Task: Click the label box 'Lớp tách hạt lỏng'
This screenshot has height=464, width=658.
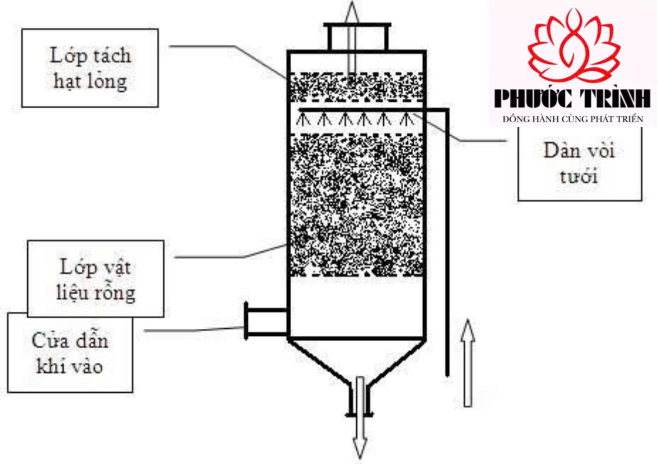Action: click(x=90, y=68)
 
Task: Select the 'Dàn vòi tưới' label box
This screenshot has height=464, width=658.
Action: click(x=579, y=164)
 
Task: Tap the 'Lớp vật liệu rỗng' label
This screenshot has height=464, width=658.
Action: click(x=95, y=279)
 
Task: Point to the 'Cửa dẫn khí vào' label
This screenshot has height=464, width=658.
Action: click(x=70, y=353)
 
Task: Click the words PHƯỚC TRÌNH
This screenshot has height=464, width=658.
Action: click(x=573, y=98)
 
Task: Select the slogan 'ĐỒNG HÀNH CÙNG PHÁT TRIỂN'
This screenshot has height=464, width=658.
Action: click(x=573, y=119)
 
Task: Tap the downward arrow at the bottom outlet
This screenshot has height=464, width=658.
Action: click(x=359, y=439)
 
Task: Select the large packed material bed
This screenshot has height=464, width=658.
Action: click(x=357, y=205)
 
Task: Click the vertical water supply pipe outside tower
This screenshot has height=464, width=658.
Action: click(x=447, y=239)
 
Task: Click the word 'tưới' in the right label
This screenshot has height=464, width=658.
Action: click(x=578, y=177)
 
